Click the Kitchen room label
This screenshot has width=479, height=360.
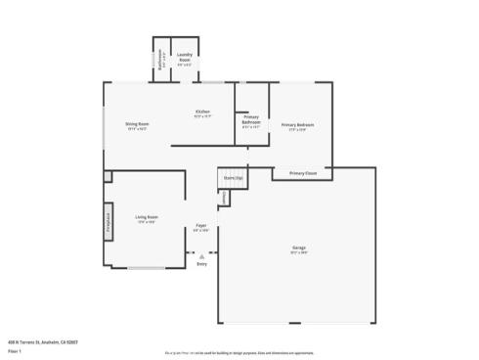(x=202, y=112)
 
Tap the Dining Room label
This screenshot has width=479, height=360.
(x=137, y=124)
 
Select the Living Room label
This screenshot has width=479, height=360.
(x=147, y=216)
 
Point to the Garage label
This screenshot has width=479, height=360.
(x=298, y=247)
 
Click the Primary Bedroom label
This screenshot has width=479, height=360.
(x=298, y=125)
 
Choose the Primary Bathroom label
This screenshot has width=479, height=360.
(x=251, y=118)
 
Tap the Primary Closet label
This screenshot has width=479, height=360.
(x=302, y=173)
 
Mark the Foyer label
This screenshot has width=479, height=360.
(x=200, y=226)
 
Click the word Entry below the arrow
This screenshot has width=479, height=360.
(x=201, y=264)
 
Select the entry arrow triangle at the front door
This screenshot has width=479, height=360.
(x=201, y=256)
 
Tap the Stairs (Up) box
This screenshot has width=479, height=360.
(x=232, y=178)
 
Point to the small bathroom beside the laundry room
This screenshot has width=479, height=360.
(x=162, y=61)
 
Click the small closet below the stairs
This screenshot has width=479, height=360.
(x=223, y=199)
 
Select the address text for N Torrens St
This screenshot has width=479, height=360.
(x=42, y=341)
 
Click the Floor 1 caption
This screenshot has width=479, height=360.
(x=15, y=350)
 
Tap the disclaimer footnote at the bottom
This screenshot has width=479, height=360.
(x=239, y=351)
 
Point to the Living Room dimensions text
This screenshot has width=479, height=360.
(x=147, y=221)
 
